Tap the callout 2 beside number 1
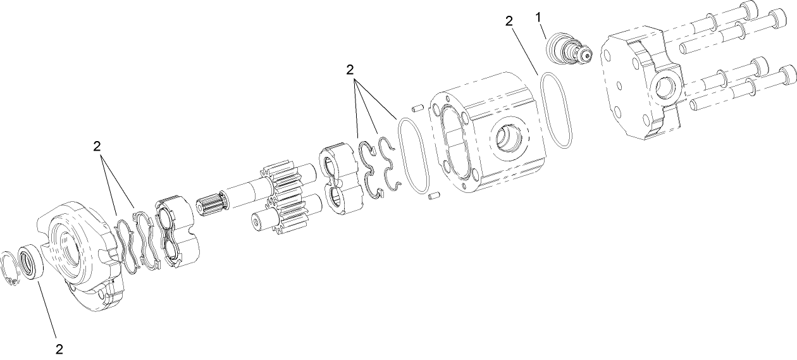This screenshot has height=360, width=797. (x=509, y=20)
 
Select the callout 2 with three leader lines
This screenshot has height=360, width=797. (x=349, y=70)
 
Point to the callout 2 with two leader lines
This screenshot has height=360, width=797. (x=97, y=146)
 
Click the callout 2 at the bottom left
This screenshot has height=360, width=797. (x=59, y=348)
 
